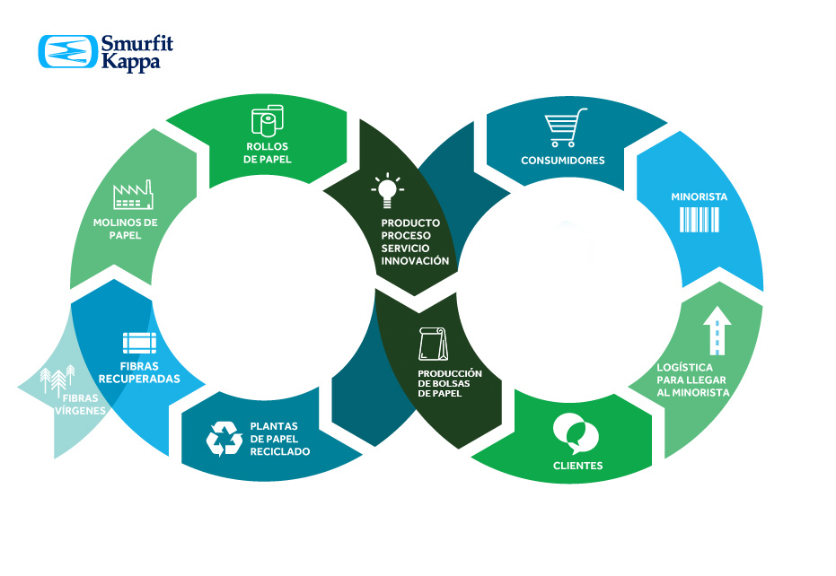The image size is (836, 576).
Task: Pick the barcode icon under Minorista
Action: [x=699, y=220]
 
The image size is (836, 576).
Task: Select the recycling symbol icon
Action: [x=224, y=438]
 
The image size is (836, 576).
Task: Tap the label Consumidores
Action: [x=563, y=161]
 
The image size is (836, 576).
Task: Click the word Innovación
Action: [x=415, y=261]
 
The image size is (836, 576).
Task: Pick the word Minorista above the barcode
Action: [x=699, y=196]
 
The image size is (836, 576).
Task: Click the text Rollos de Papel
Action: [x=268, y=153]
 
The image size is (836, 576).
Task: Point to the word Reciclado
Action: [x=279, y=451]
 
